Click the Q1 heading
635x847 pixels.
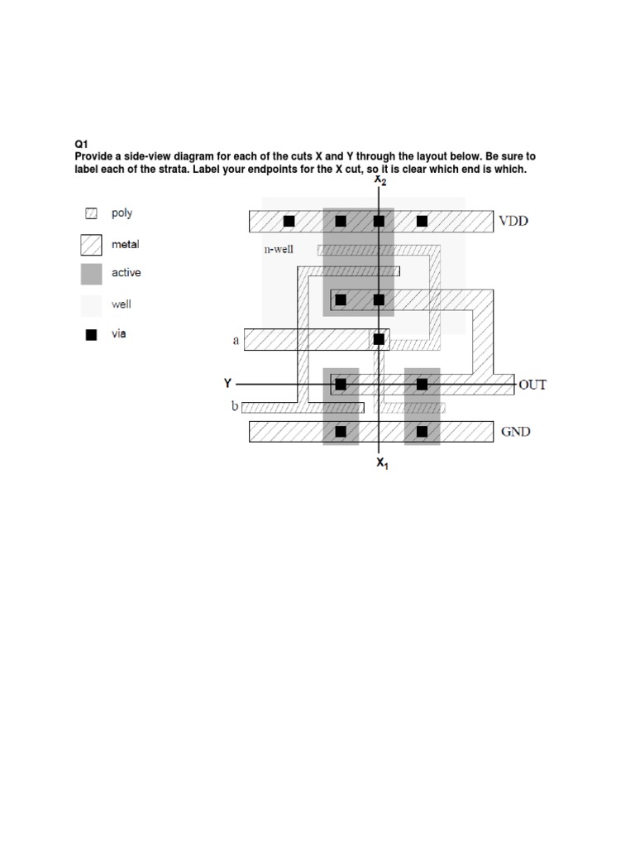click(80, 143)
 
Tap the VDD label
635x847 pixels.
click(513, 221)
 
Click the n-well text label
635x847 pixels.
click(279, 247)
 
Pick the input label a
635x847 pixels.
click(236, 339)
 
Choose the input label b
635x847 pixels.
click(235, 407)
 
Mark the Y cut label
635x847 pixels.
click(227, 383)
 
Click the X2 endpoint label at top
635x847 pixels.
click(380, 179)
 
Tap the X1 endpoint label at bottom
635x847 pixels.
click(382, 463)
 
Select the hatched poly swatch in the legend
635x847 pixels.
click(92, 213)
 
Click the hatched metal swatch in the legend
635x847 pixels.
click(92, 245)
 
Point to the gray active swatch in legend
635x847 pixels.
click(92, 273)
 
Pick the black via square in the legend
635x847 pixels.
click(92, 334)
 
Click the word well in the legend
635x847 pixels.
click(122, 304)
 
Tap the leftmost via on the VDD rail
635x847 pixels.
click(289, 221)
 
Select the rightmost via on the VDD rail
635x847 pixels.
click(422, 221)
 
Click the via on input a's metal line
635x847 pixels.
click(379, 339)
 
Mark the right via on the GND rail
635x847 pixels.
click(422, 431)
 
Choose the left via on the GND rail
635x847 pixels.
click(341, 431)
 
